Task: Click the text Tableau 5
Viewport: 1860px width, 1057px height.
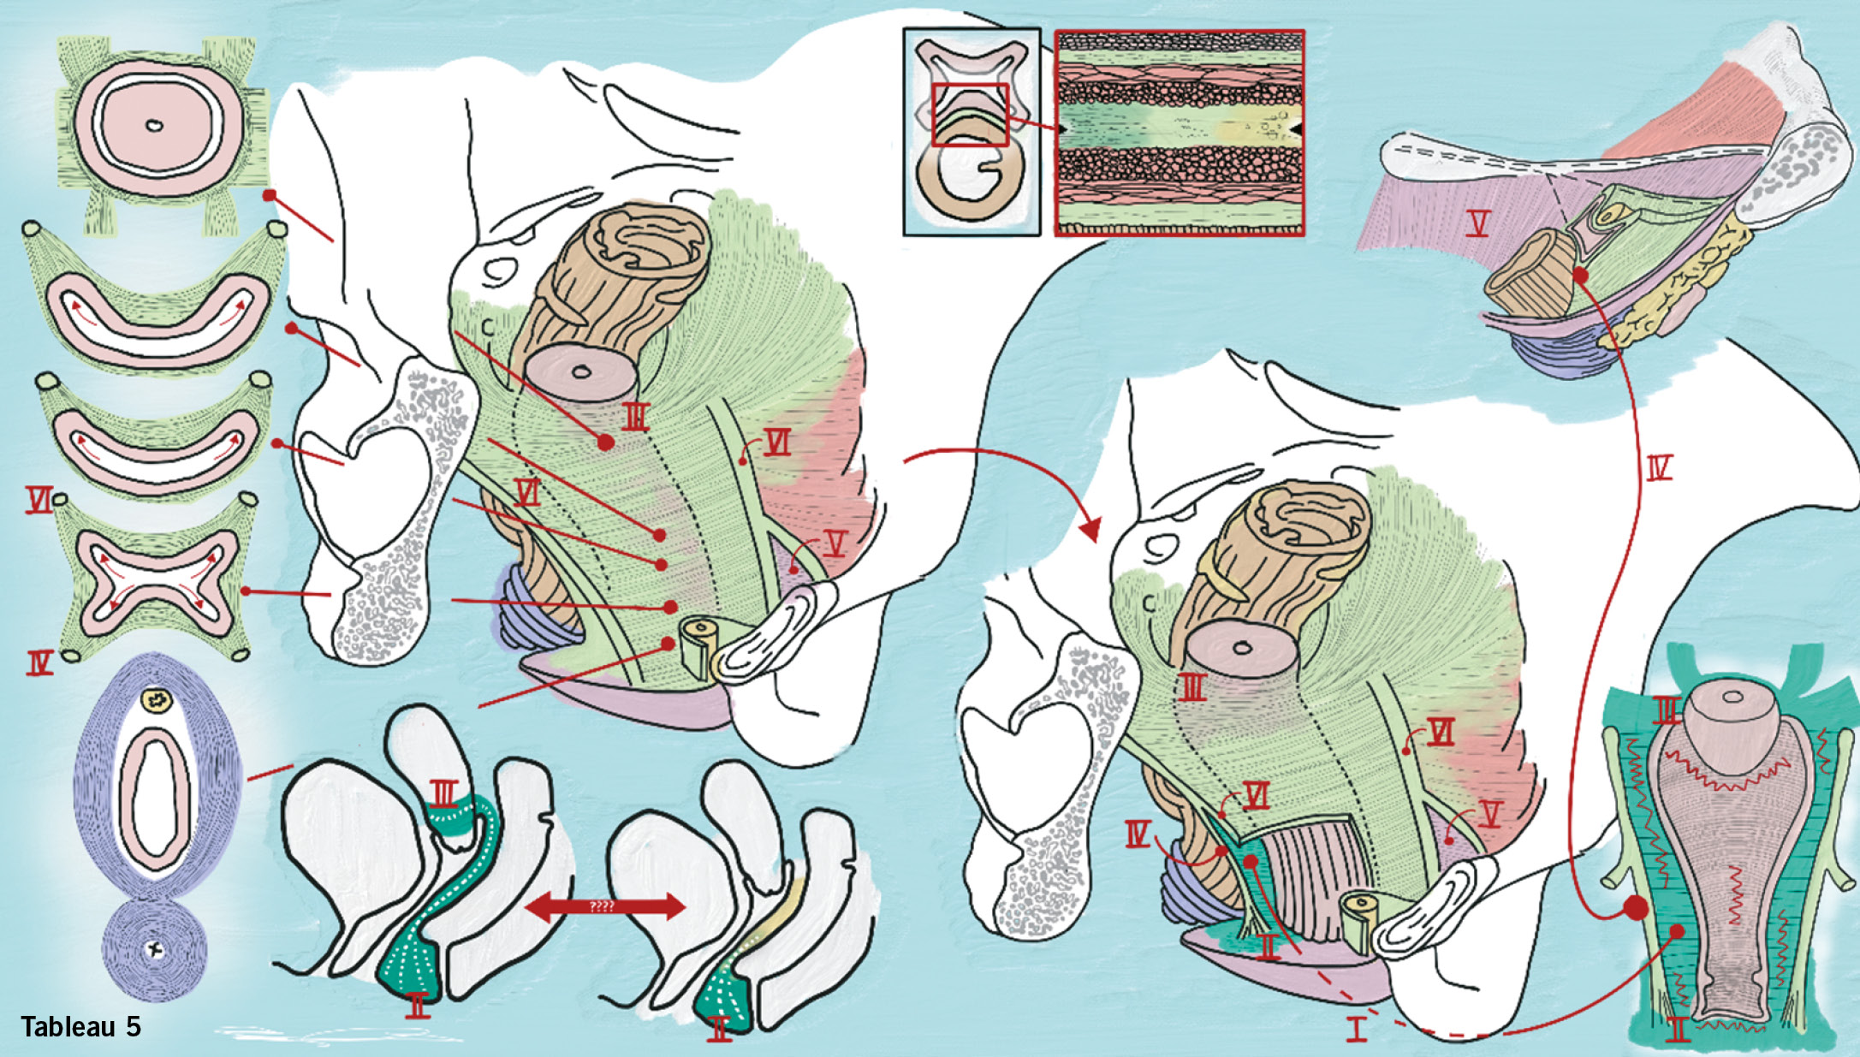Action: pyautogui.click(x=80, y=1026)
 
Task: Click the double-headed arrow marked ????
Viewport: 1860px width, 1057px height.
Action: pyautogui.click(x=605, y=906)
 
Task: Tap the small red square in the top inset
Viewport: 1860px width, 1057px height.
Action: pyautogui.click(x=970, y=115)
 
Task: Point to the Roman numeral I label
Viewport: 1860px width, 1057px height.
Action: pyautogui.click(x=1357, y=1028)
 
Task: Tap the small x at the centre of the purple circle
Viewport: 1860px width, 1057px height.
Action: pyautogui.click(x=155, y=948)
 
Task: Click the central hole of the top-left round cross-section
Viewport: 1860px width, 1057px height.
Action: pyautogui.click(x=154, y=126)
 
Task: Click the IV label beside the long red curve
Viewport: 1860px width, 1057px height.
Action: pyautogui.click(x=1658, y=468)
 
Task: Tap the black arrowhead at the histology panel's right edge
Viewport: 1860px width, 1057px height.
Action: pyautogui.click(x=1296, y=128)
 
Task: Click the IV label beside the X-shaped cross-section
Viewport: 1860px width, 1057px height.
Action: pyautogui.click(x=40, y=662)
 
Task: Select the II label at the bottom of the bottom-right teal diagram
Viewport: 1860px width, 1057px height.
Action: pyautogui.click(x=1679, y=1028)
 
